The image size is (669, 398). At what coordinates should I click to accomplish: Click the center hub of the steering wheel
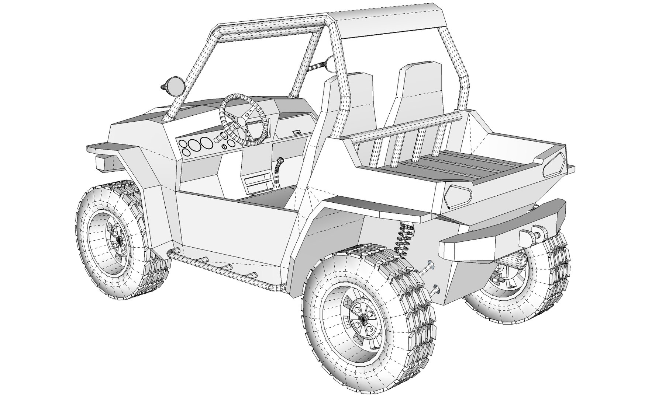(242, 121)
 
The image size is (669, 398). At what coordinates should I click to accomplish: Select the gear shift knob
(281, 161)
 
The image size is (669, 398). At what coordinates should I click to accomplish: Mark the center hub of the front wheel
(118, 240)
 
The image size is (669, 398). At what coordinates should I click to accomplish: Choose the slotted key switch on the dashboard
(224, 146)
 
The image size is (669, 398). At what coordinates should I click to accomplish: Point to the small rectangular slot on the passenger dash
(297, 131)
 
